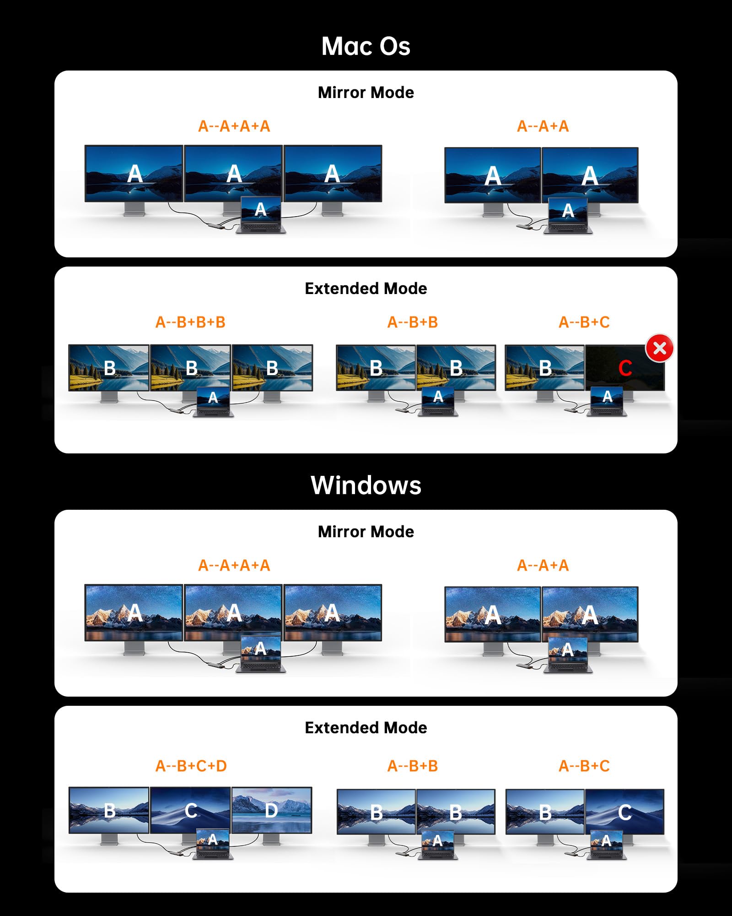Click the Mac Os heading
coord(366,46)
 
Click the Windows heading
coord(366,485)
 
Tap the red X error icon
coord(659,348)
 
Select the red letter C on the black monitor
coord(625,368)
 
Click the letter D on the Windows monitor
coord(271,811)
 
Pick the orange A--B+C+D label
coord(191,766)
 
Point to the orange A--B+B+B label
coord(190,322)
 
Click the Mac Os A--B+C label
coord(584,322)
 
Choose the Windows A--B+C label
coord(584,766)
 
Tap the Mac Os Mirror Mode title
coord(366,93)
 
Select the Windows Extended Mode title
coord(366,728)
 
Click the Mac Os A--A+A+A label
coord(234,126)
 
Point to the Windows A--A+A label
coord(543,566)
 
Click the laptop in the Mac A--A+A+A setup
coord(261,215)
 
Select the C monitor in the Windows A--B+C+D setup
coord(190,810)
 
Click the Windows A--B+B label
coord(413,766)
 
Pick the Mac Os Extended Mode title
coord(366,289)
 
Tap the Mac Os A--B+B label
coord(413,322)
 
